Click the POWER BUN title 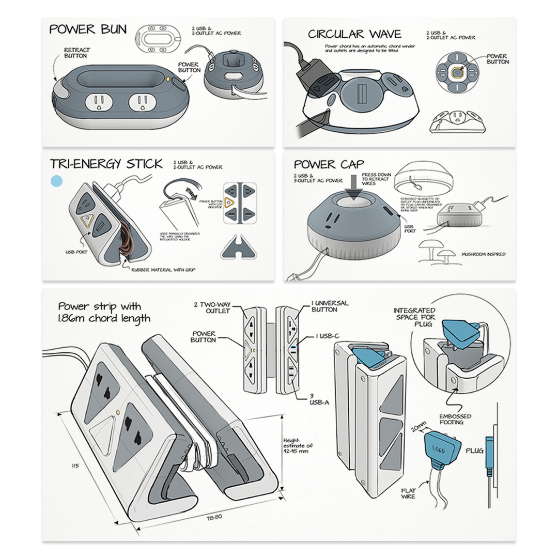(88, 29)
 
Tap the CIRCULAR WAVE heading (354, 35)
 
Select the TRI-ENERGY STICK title (106, 164)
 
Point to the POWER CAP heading (329, 165)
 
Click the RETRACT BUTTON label (77, 53)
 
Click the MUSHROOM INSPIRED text (484, 254)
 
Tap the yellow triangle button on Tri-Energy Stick (87, 222)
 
